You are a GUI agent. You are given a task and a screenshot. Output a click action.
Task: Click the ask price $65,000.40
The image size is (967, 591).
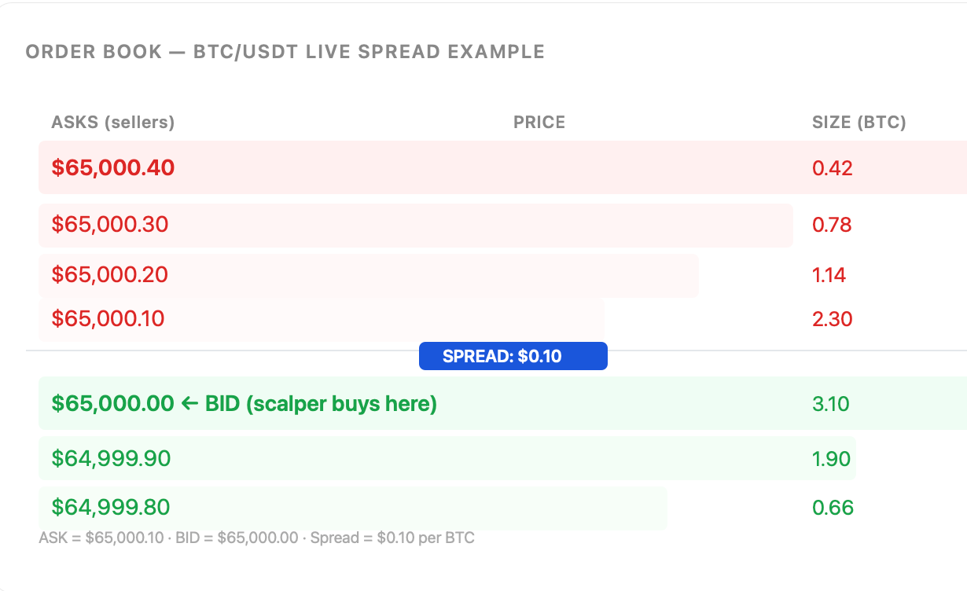[112, 167]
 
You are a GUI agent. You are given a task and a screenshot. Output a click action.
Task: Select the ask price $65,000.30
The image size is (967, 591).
[109, 225]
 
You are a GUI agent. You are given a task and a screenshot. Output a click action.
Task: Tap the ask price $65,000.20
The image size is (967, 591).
[109, 274]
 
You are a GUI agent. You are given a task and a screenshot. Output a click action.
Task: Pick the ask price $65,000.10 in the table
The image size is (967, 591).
[108, 318]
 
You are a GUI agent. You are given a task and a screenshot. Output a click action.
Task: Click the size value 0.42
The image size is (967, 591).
[833, 168]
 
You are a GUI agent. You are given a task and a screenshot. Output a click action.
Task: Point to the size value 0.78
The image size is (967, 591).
[832, 225]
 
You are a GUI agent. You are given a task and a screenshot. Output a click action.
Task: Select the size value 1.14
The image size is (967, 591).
[829, 275]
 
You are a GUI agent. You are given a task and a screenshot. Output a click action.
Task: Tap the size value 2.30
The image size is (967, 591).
[833, 319]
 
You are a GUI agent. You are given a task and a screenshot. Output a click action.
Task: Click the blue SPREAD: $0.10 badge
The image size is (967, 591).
[513, 356]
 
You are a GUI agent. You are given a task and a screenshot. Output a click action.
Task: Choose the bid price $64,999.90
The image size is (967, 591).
[111, 458]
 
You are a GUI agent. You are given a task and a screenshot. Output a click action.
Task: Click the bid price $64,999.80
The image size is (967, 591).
[111, 507]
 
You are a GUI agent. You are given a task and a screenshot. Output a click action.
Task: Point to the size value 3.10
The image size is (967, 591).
[830, 404]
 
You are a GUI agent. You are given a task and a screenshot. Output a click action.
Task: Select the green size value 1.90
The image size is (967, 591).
[831, 458]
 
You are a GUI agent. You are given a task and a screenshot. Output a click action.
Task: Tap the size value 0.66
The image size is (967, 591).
[833, 507]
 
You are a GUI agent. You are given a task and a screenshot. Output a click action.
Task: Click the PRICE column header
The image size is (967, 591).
[539, 122]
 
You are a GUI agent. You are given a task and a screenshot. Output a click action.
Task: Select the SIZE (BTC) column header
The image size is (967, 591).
[859, 122]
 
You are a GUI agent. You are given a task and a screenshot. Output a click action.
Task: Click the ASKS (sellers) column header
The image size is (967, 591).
[113, 122]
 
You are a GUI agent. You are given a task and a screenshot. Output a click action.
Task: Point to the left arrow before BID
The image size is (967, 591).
[189, 404]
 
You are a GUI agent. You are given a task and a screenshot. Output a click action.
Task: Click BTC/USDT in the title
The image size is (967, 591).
[245, 52]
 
